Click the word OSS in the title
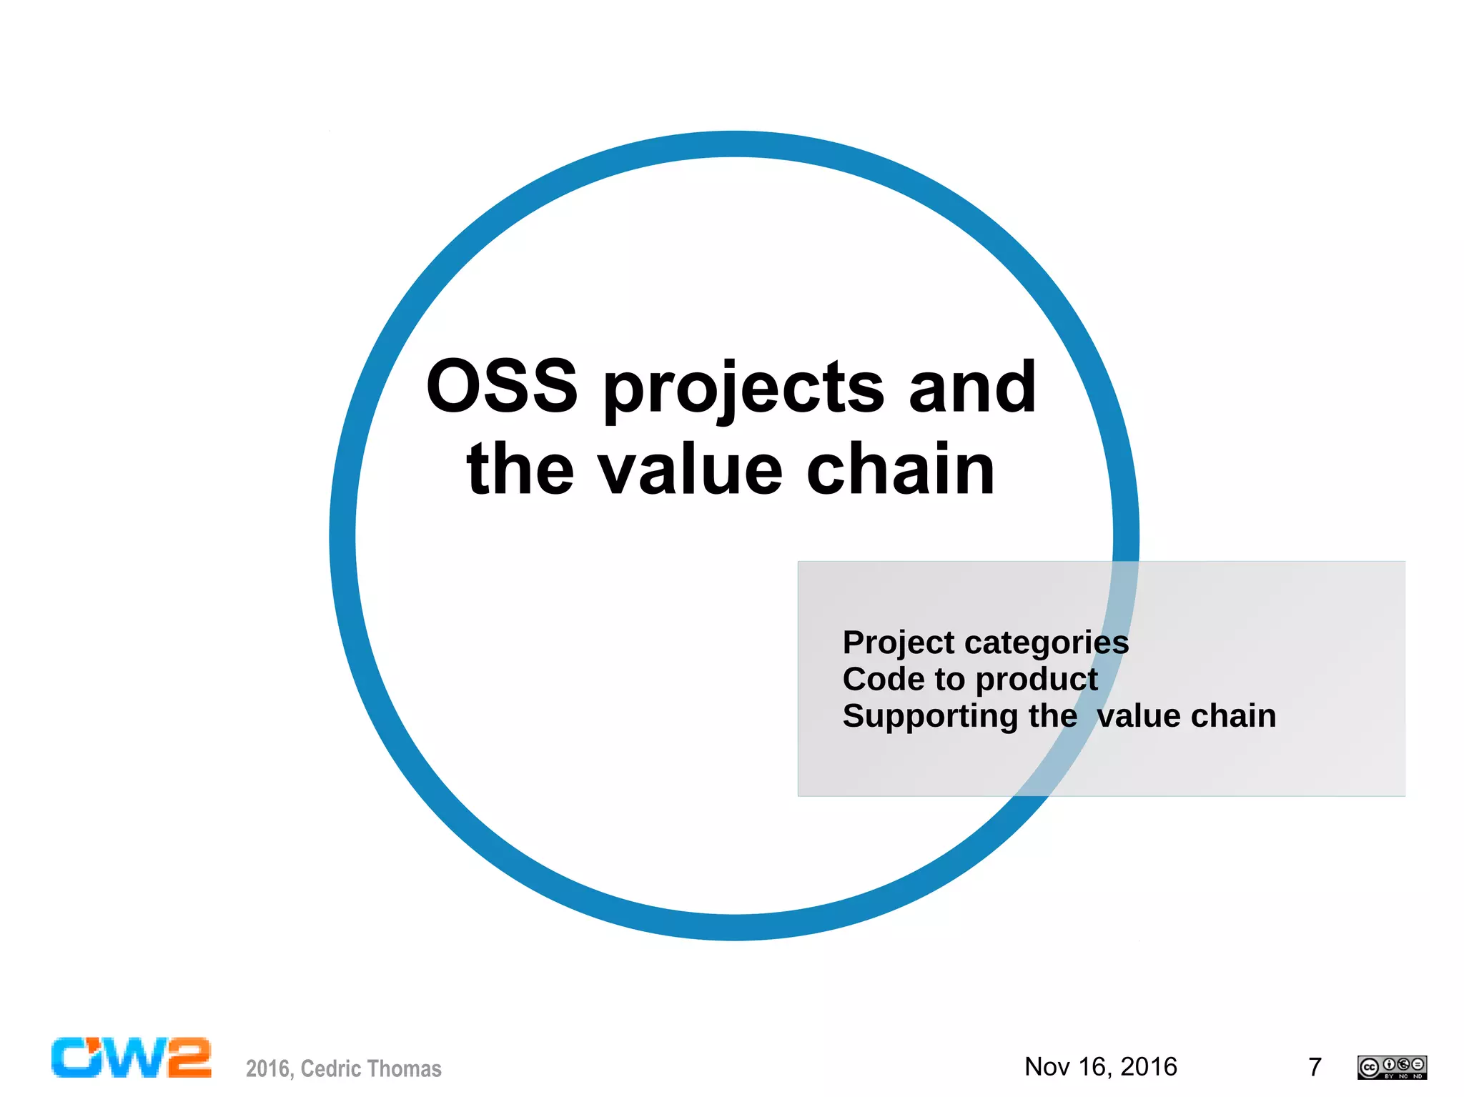click(x=502, y=387)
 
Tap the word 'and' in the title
click(x=971, y=387)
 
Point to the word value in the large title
click(x=691, y=470)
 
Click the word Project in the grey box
click(x=898, y=643)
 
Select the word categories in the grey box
click(x=1047, y=643)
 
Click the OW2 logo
click(x=131, y=1058)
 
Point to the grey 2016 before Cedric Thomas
click(x=267, y=1068)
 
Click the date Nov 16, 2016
click(x=1100, y=1066)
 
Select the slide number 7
click(x=1314, y=1067)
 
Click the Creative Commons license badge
click(x=1391, y=1067)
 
